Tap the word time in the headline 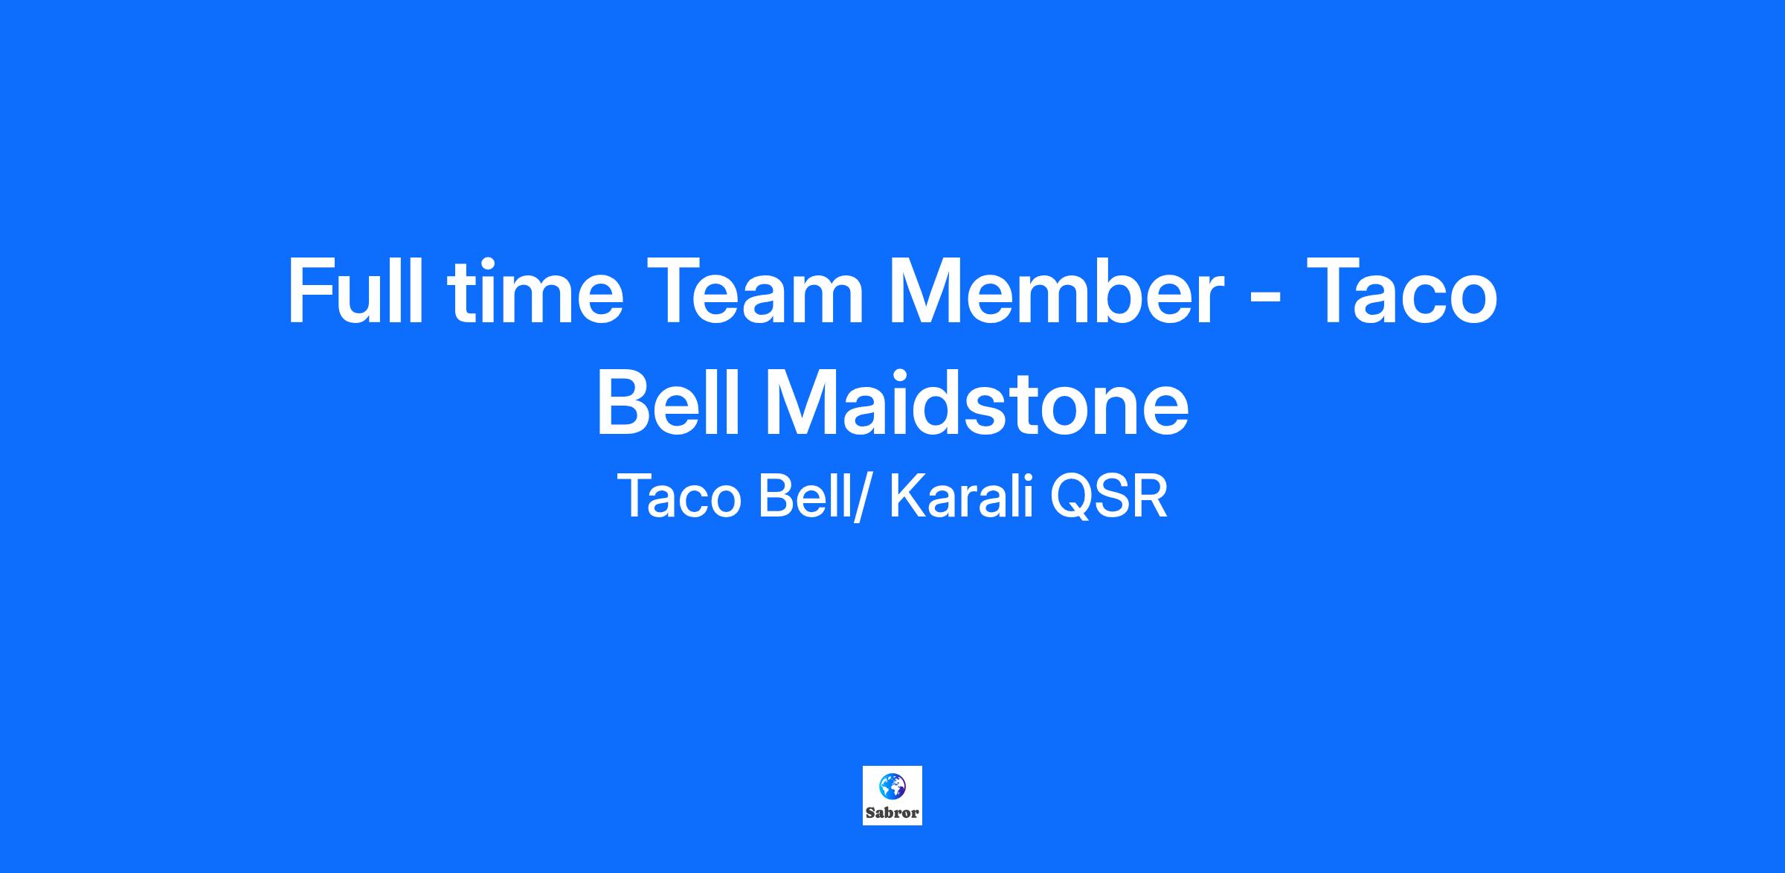(535, 291)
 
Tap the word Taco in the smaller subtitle (679, 496)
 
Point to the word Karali (962, 496)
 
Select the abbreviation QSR (1108, 496)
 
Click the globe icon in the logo (892, 786)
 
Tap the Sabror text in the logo (892, 813)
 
